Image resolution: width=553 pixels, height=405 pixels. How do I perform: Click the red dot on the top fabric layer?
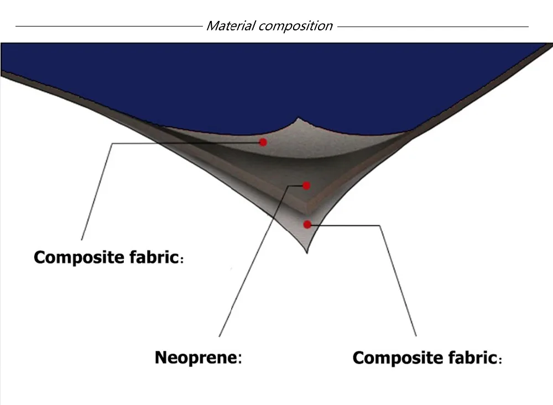pyautogui.click(x=263, y=143)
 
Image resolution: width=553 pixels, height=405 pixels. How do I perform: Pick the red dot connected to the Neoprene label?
pyautogui.click(x=307, y=186)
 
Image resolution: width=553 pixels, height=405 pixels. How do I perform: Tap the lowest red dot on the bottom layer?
pyautogui.click(x=307, y=224)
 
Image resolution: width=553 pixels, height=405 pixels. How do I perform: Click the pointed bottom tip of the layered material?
pyautogui.click(x=308, y=252)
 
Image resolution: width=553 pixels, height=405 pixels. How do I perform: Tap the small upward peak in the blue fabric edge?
pyautogui.click(x=299, y=118)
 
